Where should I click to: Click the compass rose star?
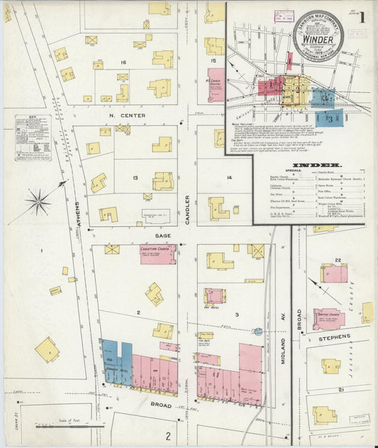pyautogui.click(x=38, y=201)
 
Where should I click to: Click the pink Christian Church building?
pyautogui.click(x=157, y=254)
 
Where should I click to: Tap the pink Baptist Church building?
pyautogui.click(x=328, y=319)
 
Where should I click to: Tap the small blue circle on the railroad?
pyautogui.click(x=258, y=331)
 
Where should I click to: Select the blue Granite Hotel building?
pyautogui.click(x=116, y=363)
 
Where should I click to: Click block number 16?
pyautogui.click(x=123, y=63)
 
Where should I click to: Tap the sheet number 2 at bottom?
pyautogui.click(x=169, y=435)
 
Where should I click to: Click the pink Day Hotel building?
pyautogui.click(x=213, y=296)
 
